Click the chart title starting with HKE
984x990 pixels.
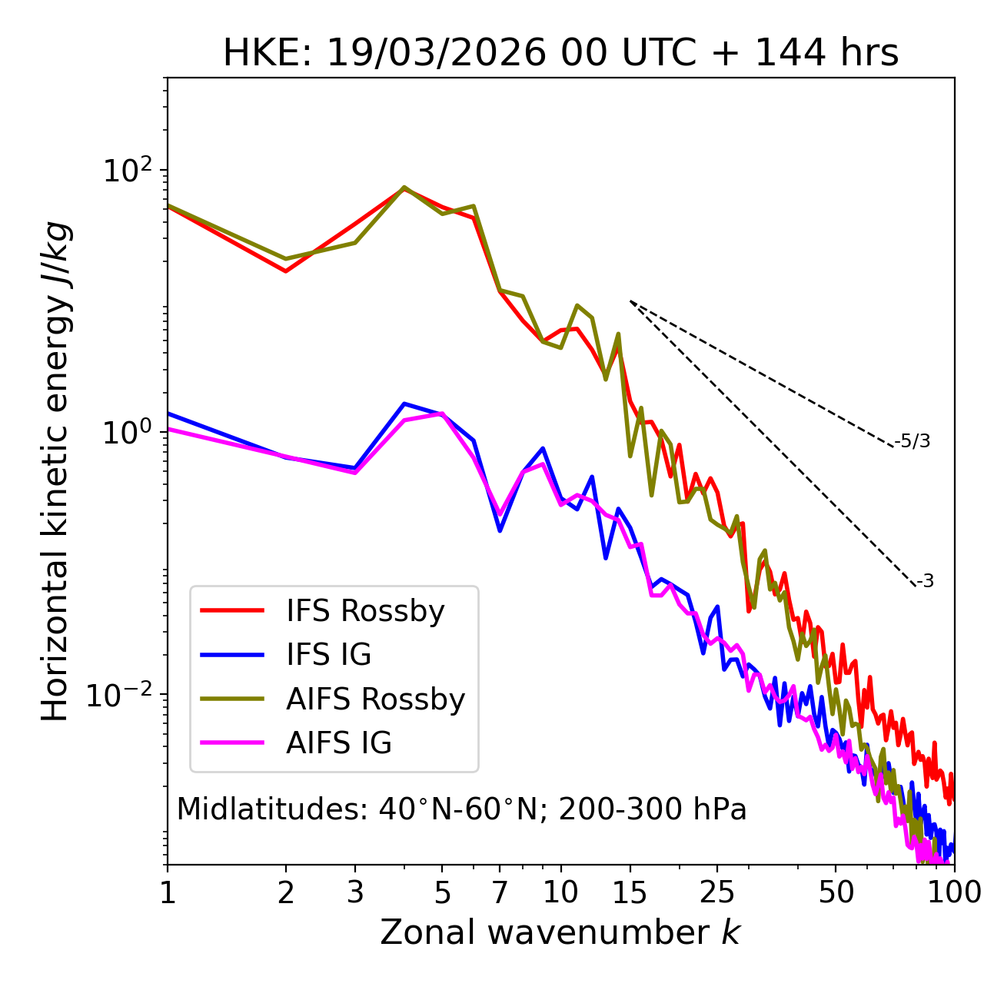pos(560,54)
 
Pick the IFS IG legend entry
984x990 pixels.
pos(328,655)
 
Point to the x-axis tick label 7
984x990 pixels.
pos(500,892)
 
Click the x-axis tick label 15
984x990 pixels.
pos(630,892)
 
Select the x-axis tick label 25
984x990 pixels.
pos(717,892)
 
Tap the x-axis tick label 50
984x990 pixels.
pos(836,892)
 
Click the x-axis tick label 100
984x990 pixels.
pos(953,892)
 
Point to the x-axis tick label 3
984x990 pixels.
pos(355,892)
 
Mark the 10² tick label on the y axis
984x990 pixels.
pos(126,171)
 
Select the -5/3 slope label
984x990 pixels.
pos(913,441)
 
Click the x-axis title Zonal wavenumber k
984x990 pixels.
pos(560,932)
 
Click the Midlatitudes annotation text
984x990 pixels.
pos(461,809)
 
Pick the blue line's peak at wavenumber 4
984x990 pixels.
pos(404,404)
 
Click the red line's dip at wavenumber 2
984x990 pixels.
pos(286,271)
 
